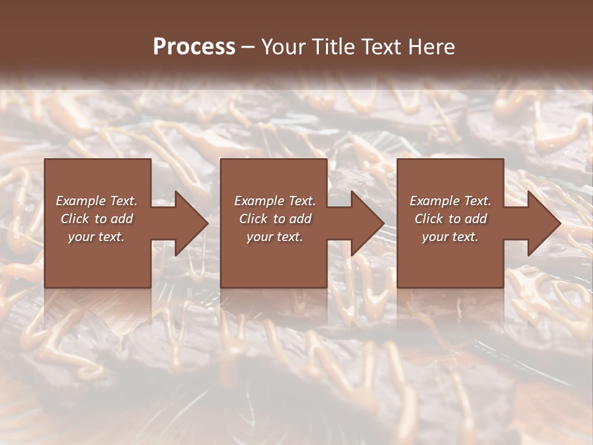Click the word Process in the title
point(194,47)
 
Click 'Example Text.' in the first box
point(96,201)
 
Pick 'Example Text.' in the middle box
point(275,201)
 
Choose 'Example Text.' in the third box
point(450,201)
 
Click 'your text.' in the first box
point(96,237)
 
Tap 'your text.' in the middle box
point(275,237)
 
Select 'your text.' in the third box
point(450,237)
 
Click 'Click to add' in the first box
point(96,219)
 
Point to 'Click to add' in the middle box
point(275,219)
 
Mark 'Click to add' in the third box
point(450,219)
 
